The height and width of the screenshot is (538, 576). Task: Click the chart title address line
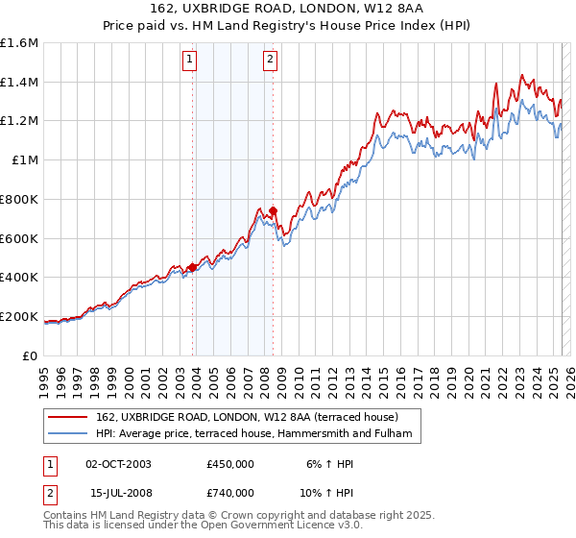tap(287, 9)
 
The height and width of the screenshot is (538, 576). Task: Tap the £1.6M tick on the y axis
tap(19, 43)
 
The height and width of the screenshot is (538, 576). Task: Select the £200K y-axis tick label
tap(19, 316)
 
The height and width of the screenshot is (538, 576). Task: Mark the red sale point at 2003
tap(192, 268)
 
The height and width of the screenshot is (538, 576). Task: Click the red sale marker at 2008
tap(273, 211)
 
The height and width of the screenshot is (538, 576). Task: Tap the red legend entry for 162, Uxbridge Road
tap(253, 418)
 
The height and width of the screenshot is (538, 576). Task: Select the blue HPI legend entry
tap(253, 434)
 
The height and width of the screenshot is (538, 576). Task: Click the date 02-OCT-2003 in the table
tap(119, 463)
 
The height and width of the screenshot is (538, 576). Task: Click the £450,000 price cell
tap(228, 463)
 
